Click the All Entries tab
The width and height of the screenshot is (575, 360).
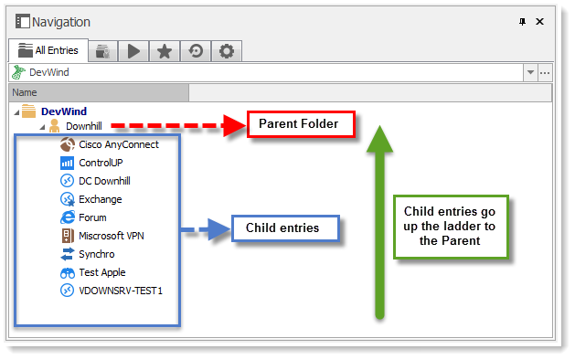click(x=49, y=51)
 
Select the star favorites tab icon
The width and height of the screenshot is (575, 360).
click(x=165, y=51)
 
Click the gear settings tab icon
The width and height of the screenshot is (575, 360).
click(x=227, y=51)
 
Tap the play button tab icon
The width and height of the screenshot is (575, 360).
click(x=134, y=51)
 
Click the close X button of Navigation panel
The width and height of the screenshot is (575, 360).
click(x=540, y=21)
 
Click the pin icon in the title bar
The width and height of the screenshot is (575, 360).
click(x=522, y=21)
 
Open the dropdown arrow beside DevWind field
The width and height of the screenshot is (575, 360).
click(x=529, y=72)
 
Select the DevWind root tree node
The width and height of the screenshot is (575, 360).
click(x=64, y=111)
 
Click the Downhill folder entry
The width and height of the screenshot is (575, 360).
click(x=83, y=126)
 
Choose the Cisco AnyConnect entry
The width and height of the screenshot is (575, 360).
click(x=118, y=144)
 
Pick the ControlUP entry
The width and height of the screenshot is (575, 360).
click(x=101, y=163)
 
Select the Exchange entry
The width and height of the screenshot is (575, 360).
click(x=100, y=199)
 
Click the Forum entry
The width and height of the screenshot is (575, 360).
click(x=92, y=217)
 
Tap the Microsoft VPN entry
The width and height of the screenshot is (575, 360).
click(x=112, y=236)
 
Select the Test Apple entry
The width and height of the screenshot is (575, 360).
click(x=101, y=272)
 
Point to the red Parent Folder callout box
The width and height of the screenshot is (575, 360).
click(x=298, y=123)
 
